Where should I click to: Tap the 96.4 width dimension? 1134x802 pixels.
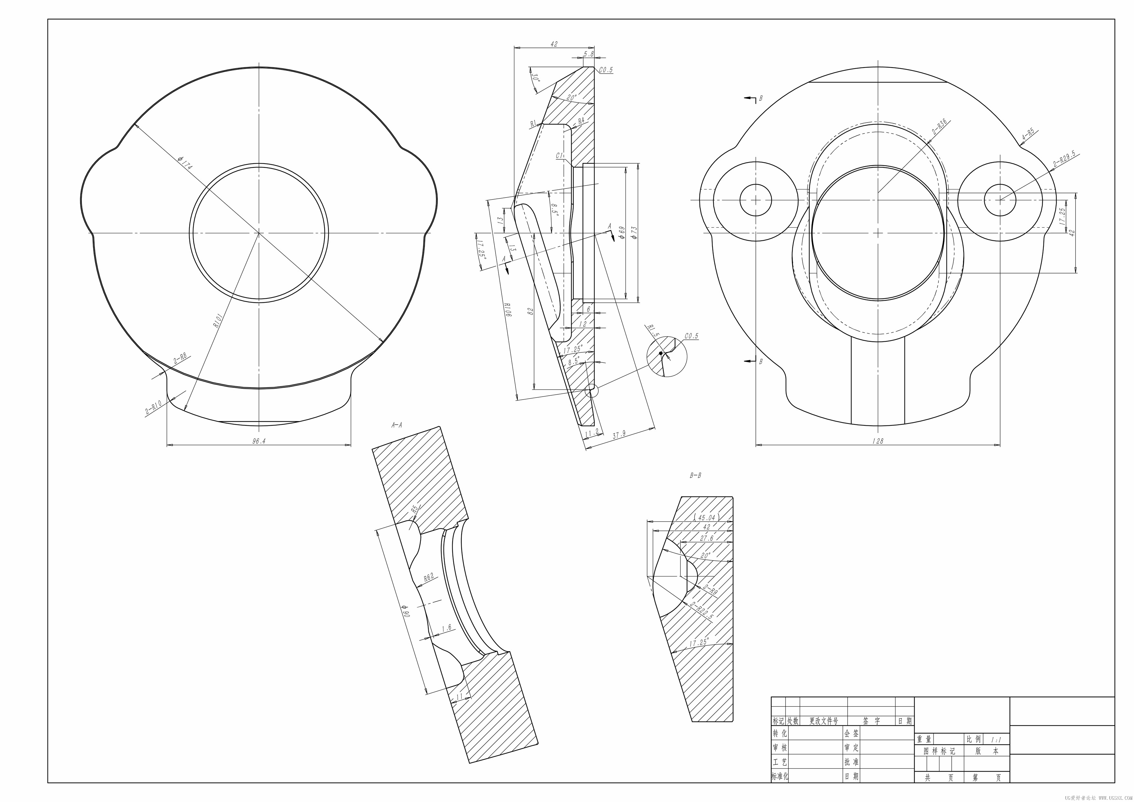click(x=259, y=441)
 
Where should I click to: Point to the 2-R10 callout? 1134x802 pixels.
click(x=154, y=407)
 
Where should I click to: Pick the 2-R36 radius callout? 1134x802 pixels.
click(x=939, y=127)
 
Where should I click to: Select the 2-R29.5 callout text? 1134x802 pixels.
click(x=1064, y=159)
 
